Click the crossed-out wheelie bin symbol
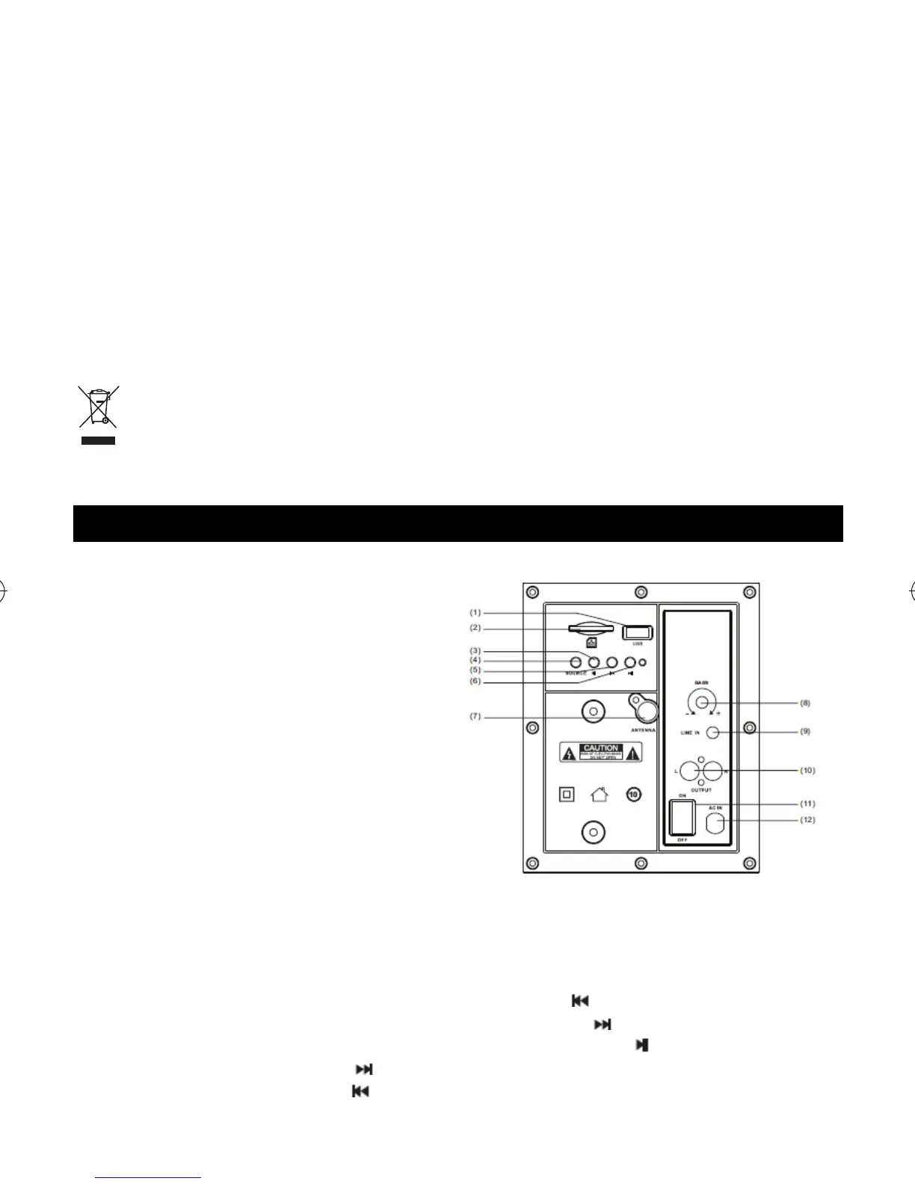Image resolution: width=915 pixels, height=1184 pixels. [x=98, y=408]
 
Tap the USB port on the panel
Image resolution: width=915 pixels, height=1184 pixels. [x=638, y=632]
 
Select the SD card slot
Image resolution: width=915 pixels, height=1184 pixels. [x=591, y=629]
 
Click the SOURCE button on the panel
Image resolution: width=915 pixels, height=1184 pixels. [x=576, y=662]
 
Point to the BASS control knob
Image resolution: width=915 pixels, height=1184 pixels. [x=701, y=702]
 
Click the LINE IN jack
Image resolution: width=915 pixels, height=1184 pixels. [x=712, y=732]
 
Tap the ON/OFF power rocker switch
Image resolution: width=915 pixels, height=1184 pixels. [x=681, y=817]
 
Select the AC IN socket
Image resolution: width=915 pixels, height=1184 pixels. [x=715, y=824]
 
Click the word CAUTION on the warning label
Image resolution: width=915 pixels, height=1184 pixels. [x=601, y=747]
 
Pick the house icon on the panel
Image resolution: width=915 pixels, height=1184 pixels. [x=600, y=794]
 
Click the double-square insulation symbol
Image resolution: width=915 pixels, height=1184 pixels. [x=567, y=794]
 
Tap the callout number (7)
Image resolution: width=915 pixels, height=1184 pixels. [x=475, y=717]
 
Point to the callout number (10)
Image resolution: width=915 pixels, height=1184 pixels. [x=807, y=770]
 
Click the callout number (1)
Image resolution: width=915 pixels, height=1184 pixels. [x=475, y=612]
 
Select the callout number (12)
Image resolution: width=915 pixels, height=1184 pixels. [x=807, y=819]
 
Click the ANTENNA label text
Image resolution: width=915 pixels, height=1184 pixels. [x=643, y=730]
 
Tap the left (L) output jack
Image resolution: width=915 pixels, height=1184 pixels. [x=689, y=770]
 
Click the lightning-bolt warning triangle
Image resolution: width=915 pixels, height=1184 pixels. [x=568, y=753]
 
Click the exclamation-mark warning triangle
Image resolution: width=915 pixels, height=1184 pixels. [x=634, y=753]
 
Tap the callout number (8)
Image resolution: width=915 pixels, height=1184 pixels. [x=805, y=703]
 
